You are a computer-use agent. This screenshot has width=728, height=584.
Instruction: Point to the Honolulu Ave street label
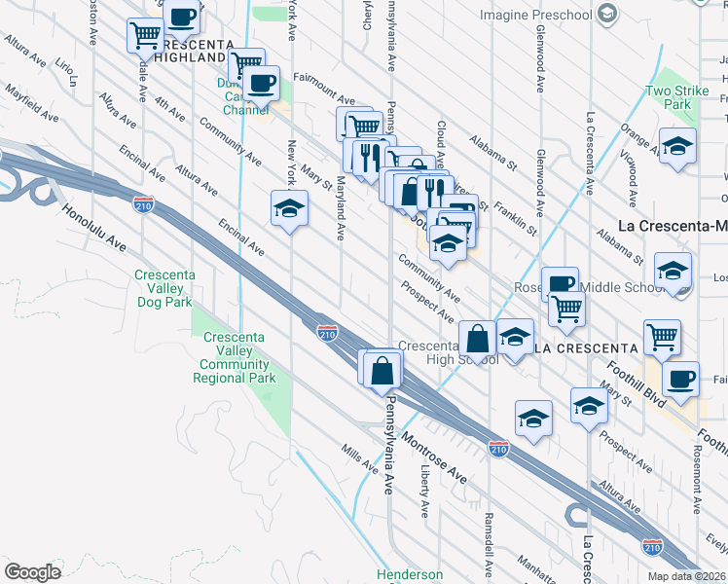tap(95, 226)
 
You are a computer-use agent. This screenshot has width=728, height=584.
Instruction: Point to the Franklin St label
tap(515, 215)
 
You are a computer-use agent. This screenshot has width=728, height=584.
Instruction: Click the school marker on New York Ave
tap(289, 210)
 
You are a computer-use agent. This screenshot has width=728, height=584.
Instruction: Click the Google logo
tap(32, 572)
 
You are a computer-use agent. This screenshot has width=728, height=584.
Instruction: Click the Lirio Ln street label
tap(65, 71)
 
